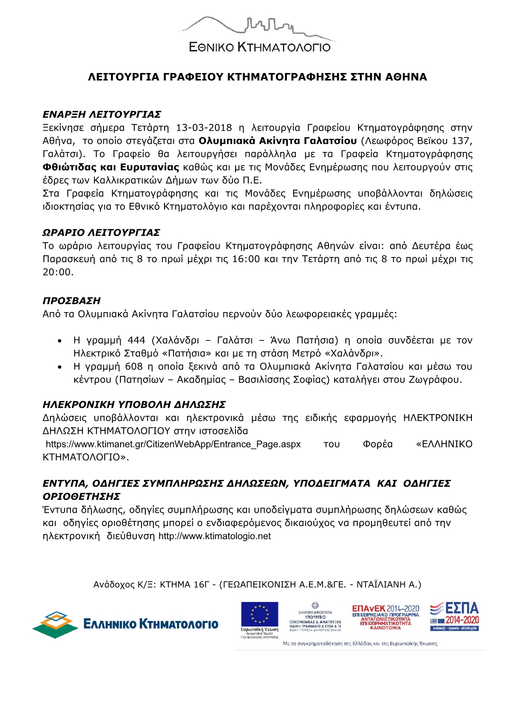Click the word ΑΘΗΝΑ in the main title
pos(406,77)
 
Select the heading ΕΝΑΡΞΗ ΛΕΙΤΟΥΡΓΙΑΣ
pos(102,115)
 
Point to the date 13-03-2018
pos(204,128)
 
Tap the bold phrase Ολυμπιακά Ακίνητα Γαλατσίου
pos(278,141)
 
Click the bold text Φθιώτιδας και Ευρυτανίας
pos(111,167)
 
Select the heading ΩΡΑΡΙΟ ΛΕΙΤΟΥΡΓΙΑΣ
pos(101,233)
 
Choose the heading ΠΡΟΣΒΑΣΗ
pos(72,301)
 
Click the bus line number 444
pos(136,341)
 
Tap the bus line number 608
pos(134,367)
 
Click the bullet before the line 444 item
pos(60,341)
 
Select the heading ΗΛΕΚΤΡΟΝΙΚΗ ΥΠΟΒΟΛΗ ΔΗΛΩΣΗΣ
pos(134,405)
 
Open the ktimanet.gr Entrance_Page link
pos(173,444)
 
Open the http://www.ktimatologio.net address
pos(215,536)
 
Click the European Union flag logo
pos(259,615)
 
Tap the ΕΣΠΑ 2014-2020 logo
pos(454,617)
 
